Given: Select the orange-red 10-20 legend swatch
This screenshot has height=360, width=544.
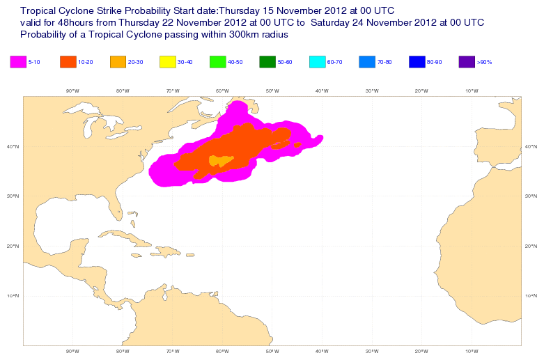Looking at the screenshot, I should tap(68, 62).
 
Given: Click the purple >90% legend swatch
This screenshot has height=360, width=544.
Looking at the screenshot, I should tap(467, 62).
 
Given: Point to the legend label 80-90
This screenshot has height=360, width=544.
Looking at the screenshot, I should tap(434, 63).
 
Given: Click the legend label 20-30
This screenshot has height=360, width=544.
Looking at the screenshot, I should tap(135, 63).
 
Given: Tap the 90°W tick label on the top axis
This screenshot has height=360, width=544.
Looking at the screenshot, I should tap(72, 91).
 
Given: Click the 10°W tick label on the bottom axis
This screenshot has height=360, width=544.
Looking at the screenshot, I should tap(471, 350).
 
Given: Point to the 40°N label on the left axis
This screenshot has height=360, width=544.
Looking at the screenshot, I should tap(14, 146).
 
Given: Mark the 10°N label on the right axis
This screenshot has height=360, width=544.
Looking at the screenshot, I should tap(531, 296).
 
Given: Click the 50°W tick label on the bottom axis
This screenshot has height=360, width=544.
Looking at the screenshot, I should tap(272, 350).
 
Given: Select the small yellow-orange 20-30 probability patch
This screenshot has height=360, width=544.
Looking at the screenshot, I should tap(222, 162).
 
